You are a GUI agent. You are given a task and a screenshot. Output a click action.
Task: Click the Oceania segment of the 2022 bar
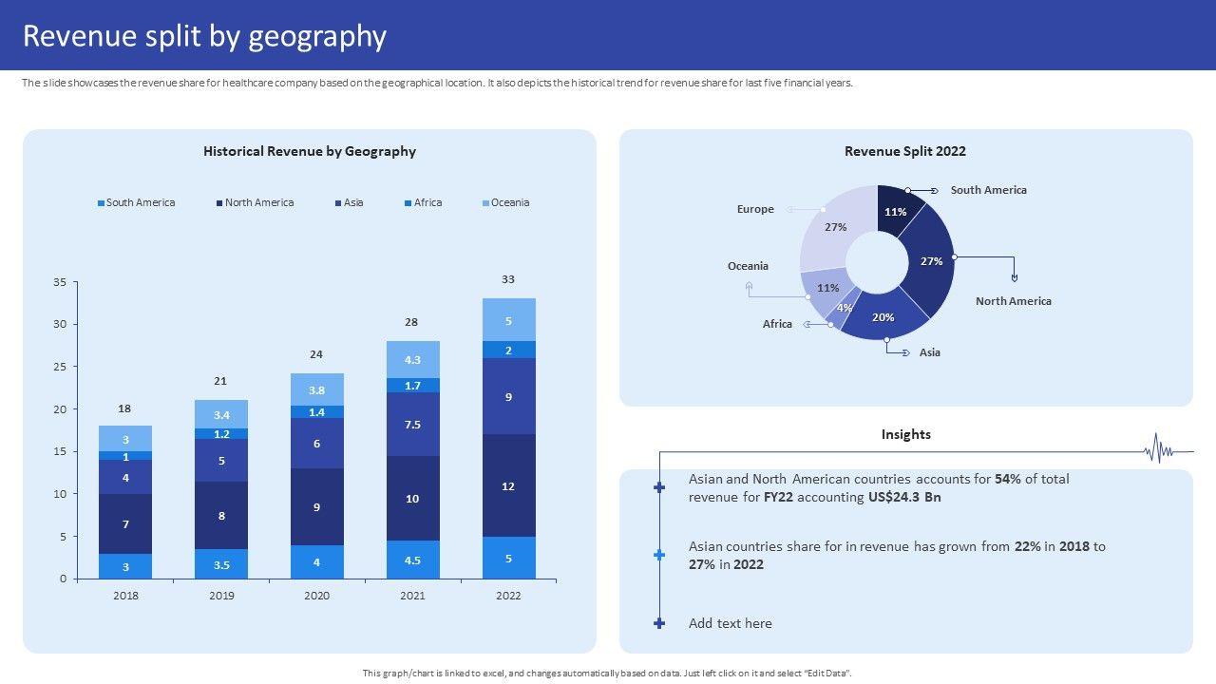coord(508,320)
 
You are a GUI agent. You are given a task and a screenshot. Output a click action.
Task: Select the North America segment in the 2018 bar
coord(125,523)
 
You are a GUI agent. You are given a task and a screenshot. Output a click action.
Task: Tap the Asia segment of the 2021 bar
coord(412,424)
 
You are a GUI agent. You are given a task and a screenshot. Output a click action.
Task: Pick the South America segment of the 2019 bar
coord(221,564)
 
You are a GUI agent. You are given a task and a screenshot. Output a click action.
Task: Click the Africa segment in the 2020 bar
coord(316,412)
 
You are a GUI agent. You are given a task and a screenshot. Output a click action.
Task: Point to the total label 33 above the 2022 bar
coord(508,279)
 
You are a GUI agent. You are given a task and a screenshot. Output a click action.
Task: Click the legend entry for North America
coord(258,202)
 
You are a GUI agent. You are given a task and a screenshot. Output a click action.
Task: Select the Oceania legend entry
coord(509,202)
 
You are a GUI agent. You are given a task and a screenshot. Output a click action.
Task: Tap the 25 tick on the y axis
coord(60,367)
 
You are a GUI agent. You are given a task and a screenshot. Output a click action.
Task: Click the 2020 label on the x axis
coord(316,596)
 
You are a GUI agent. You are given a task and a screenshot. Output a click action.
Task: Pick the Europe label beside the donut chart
coord(755,209)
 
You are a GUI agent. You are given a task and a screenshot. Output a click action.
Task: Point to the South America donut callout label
coord(988,190)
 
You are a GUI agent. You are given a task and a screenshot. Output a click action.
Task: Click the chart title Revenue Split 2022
coord(905,151)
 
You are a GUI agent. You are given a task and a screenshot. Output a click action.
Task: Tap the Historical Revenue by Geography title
coord(310,151)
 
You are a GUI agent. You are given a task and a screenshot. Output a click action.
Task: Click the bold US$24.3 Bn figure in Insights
coord(904,497)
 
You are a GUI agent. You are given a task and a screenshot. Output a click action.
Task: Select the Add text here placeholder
coord(730,623)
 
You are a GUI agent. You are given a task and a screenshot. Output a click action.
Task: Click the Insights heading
coord(905,434)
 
